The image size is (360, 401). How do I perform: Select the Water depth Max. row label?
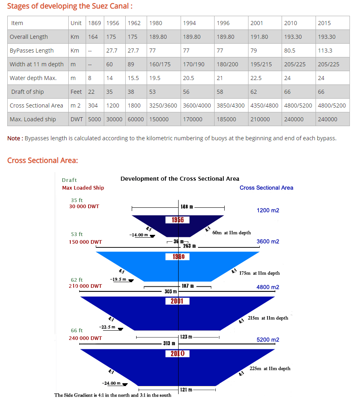coord(33,78)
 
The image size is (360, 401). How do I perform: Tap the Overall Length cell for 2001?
coord(259,37)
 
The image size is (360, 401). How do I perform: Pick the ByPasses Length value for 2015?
coord(325,51)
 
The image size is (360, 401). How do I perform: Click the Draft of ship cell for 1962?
coord(131,92)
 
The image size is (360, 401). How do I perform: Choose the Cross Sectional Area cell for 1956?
coord(113,106)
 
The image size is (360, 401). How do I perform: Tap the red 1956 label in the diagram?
coord(178,220)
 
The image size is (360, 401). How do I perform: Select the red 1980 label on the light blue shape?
coord(178,256)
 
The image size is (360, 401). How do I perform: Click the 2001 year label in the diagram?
coord(177,301)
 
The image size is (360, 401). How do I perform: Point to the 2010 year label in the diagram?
coord(177,354)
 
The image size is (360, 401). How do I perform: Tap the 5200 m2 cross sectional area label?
coord(268,340)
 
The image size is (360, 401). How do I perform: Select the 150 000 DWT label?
coord(86,242)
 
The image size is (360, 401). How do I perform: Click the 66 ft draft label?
coord(77,330)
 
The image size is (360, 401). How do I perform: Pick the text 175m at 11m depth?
coord(259,273)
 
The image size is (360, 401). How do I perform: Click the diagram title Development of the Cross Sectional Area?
coord(180,179)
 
